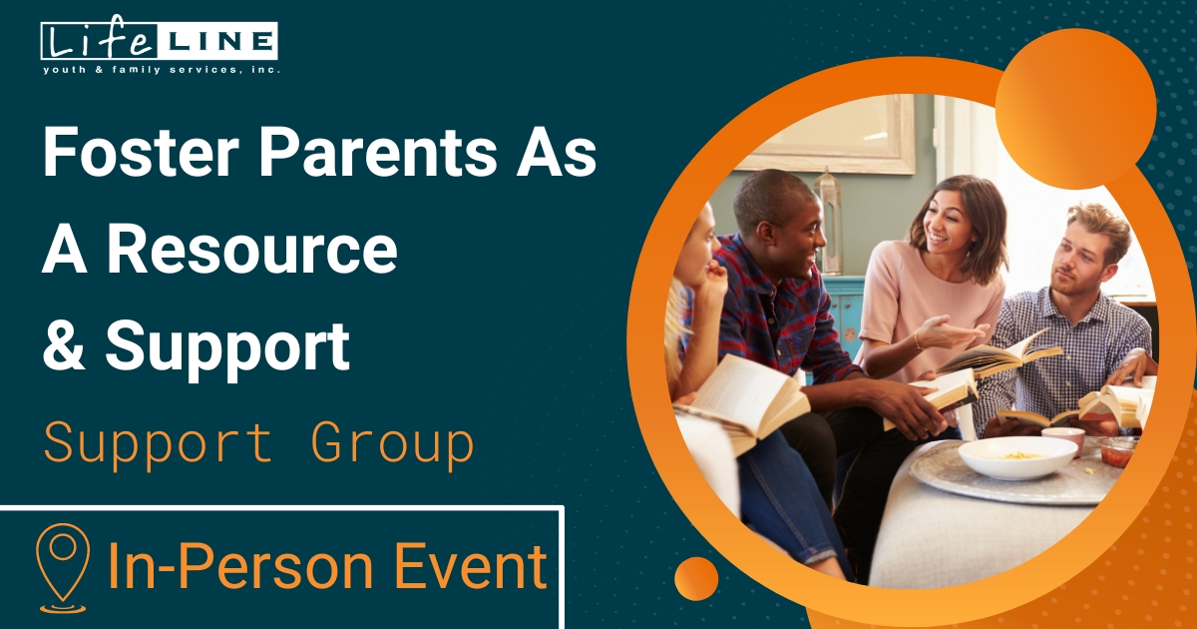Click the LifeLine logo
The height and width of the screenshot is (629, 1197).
[160, 42]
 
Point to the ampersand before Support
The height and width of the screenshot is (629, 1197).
[62, 345]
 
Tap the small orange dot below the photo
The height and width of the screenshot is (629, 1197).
[696, 578]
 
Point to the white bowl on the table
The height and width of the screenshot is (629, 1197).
[1017, 456]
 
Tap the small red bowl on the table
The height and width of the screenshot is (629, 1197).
[1118, 451]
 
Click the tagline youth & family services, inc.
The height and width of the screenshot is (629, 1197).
[160, 70]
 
